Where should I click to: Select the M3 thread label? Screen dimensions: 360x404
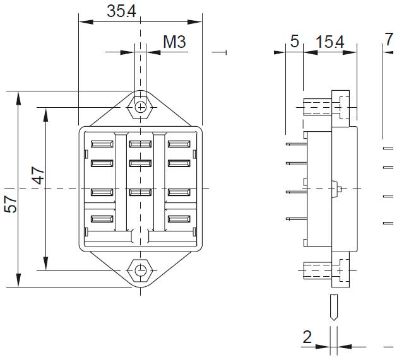(174, 42)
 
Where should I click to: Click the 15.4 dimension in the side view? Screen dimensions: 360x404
(330, 42)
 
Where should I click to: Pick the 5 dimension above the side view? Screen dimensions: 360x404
(294, 42)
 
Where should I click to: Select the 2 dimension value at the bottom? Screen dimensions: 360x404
(307, 337)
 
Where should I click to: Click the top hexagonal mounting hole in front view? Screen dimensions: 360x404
(140, 106)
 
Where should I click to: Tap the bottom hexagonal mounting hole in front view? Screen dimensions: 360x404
(140, 271)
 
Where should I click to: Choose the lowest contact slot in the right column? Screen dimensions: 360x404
(179, 219)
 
